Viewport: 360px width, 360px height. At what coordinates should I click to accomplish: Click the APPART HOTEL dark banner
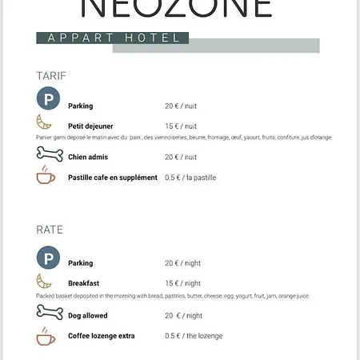tap(113, 38)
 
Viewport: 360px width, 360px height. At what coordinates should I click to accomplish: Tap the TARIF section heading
tap(51, 76)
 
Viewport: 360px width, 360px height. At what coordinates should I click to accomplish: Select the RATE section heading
tap(50, 230)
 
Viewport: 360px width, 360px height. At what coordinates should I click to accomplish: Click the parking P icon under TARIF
tap(48, 101)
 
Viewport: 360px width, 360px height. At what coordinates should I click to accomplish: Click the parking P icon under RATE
tap(48, 258)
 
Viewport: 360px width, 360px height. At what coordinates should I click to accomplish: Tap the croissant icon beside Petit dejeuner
tap(46, 123)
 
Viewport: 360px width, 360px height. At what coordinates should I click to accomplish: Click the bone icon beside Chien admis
tap(49, 154)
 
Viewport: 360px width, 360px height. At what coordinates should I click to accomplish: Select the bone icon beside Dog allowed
tap(49, 312)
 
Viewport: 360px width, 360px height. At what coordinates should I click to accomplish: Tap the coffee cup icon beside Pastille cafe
tap(46, 176)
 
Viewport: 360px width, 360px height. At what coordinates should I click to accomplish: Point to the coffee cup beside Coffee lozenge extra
tap(46, 335)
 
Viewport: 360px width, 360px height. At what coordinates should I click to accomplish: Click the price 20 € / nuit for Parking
tap(181, 106)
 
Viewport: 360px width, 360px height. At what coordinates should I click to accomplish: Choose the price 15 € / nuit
tap(181, 126)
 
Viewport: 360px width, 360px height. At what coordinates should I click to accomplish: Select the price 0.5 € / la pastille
tap(190, 178)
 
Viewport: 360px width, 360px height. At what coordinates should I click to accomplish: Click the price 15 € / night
tap(182, 283)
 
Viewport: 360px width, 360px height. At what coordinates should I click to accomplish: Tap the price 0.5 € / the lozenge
tap(194, 336)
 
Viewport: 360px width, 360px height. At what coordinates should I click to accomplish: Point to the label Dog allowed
tap(88, 316)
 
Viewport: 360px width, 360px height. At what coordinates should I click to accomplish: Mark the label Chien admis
tap(88, 158)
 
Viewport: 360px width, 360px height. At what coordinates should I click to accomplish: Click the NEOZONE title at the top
tap(178, 8)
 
